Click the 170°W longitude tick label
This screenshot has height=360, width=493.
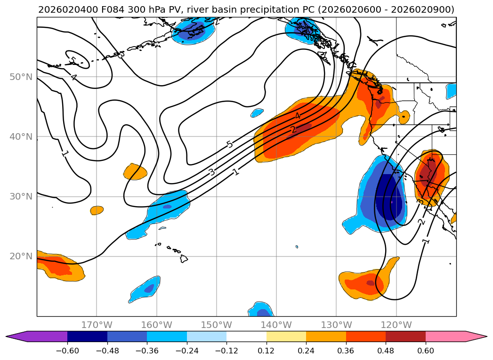tap(97, 325)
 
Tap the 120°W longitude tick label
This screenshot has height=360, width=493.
tap(396, 325)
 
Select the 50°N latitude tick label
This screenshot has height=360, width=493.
tap(21, 77)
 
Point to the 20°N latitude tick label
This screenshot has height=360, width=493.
tap(21, 256)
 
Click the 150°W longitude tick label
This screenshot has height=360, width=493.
tap(216, 325)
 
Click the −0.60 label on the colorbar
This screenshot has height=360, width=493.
tap(67, 351)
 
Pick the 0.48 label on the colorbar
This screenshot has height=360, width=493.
tap(386, 351)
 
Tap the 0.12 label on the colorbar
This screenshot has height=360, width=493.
tap(267, 351)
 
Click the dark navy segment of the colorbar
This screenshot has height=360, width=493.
tap(88, 336)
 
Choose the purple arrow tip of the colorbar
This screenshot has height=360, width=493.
tap(16, 336)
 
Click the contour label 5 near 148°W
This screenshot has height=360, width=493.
tap(230, 144)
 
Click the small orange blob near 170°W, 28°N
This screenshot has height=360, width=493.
tap(97, 210)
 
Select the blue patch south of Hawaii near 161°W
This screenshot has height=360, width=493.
tap(145, 289)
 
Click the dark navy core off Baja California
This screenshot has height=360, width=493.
tap(389, 198)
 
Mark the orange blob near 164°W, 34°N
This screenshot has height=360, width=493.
tap(135, 172)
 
